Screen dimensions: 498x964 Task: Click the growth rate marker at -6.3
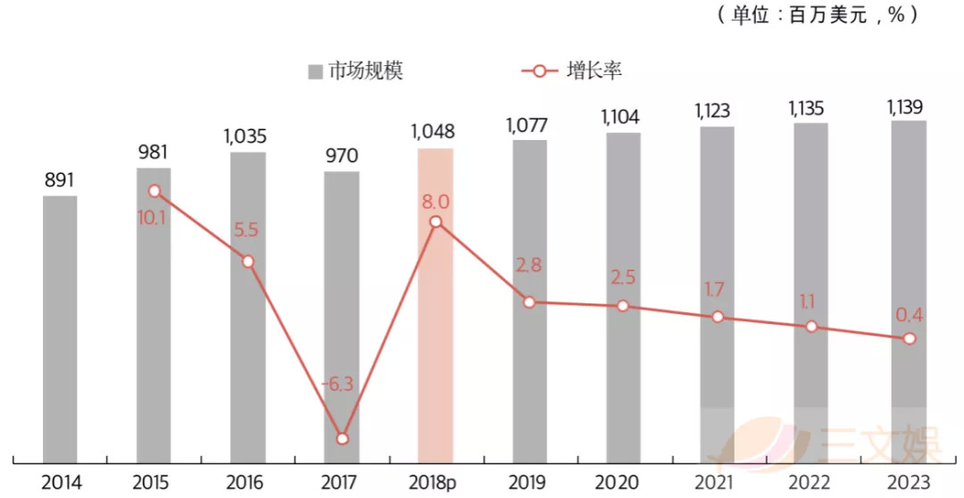pyautogui.click(x=342, y=438)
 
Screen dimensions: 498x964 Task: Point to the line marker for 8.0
pyautogui.click(x=436, y=222)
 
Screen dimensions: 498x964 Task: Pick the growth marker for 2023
pyautogui.click(x=909, y=338)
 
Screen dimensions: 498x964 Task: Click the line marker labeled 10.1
pyautogui.click(x=154, y=191)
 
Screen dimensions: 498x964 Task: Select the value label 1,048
pyautogui.click(x=434, y=132)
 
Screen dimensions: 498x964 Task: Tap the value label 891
pyautogui.click(x=60, y=179)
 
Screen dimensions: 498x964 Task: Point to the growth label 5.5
pyautogui.click(x=247, y=228)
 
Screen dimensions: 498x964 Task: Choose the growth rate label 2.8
pyautogui.click(x=529, y=267)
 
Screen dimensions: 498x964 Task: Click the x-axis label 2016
pyautogui.click(x=248, y=483)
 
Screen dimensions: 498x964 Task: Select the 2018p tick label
pyautogui.click(x=435, y=483)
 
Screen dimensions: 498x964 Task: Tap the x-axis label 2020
pyautogui.click(x=623, y=483)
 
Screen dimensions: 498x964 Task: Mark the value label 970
pyautogui.click(x=341, y=156)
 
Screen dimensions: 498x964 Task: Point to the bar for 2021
pyautogui.click(x=717, y=295)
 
